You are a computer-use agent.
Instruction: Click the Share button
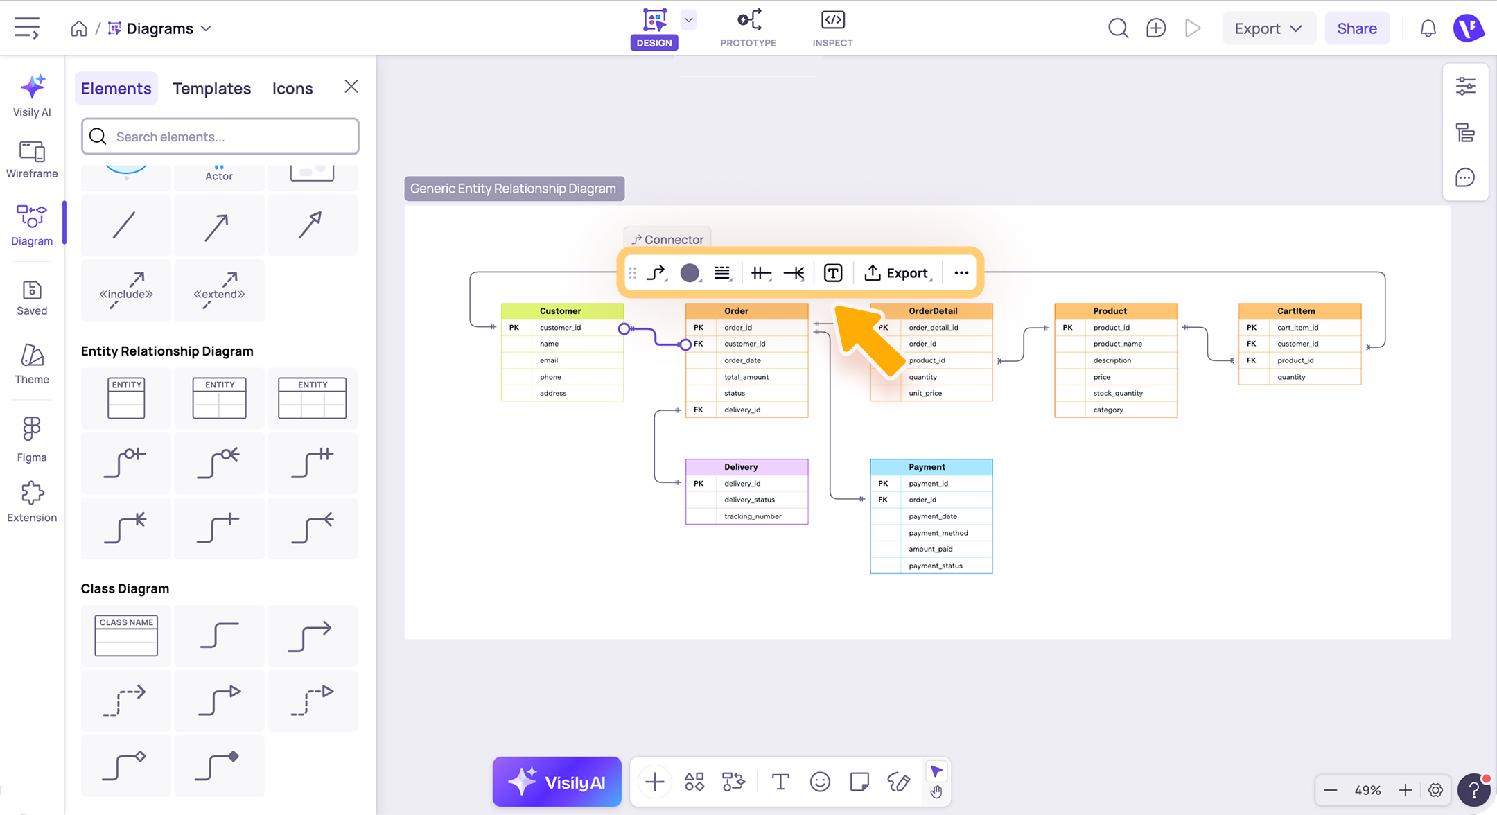(1356, 28)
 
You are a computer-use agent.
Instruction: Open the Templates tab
(211, 88)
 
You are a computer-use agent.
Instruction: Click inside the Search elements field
(220, 137)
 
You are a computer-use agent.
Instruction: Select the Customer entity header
(562, 311)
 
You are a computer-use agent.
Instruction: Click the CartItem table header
(1299, 311)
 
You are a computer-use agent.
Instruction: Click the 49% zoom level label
(1367, 790)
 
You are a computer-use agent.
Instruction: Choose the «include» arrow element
(125, 290)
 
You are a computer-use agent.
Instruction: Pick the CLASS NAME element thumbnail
(125, 636)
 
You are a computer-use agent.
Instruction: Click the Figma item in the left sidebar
(32, 439)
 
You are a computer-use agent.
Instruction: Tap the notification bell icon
(1428, 28)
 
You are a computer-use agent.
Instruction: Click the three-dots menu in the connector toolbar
(961, 273)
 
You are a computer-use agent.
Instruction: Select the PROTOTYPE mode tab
(748, 28)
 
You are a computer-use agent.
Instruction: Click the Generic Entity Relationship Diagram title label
(514, 189)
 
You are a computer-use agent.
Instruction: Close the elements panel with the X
(351, 87)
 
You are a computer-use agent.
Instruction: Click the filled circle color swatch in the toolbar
(689, 273)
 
